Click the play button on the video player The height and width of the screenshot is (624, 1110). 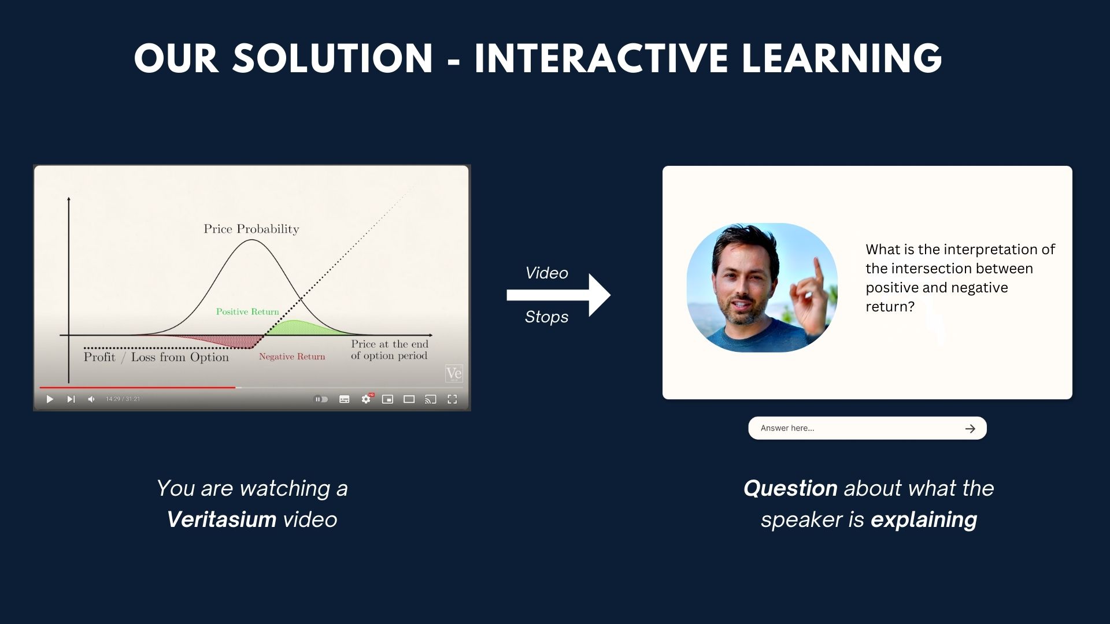tap(50, 399)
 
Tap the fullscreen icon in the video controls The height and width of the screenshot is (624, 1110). tap(452, 399)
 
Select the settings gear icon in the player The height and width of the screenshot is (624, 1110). tap(366, 399)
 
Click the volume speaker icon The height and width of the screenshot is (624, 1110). tap(91, 399)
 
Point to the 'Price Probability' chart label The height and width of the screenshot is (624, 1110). tap(251, 229)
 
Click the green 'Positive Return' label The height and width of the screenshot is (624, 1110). tap(247, 311)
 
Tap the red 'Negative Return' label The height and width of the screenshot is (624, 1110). tap(292, 356)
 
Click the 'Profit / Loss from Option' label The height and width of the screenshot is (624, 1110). tap(156, 357)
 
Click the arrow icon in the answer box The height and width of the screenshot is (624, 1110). tap(970, 429)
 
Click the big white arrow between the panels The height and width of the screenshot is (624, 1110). tap(558, 295)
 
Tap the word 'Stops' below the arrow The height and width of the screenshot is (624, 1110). tap(546, 317)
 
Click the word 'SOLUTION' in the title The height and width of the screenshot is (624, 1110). tap(332, 58)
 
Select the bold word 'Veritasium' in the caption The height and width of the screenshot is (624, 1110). tap(221, 519)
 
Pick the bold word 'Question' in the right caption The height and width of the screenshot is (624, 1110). tap(790, 489)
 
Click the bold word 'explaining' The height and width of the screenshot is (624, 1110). tap(924, 520)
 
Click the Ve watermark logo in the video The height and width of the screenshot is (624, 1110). tap(454, 374)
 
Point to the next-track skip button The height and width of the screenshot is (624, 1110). tap(71, 399)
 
